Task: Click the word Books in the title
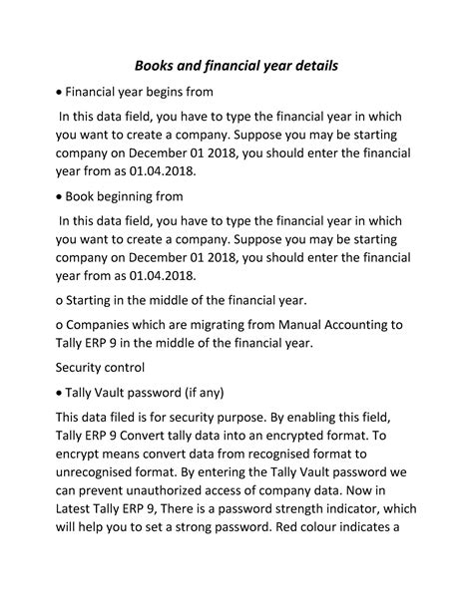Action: tap(155, 67)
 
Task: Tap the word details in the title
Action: tap(310, 67)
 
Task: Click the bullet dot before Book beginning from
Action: tap(61, 196)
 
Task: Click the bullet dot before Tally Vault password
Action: tap(61, 391)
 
